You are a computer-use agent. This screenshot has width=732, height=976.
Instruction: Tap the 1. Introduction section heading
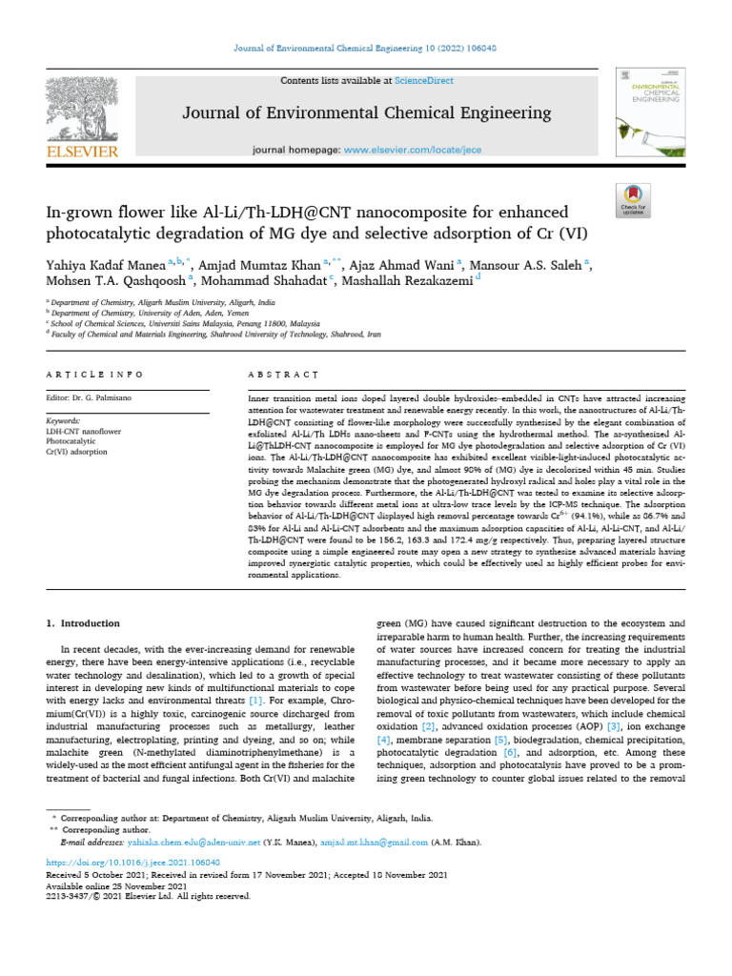tap(84, 623)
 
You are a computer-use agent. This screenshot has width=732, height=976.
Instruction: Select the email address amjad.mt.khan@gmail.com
tap(374, 843)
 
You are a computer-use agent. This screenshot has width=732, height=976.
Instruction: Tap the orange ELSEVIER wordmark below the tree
tap(83, 152)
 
